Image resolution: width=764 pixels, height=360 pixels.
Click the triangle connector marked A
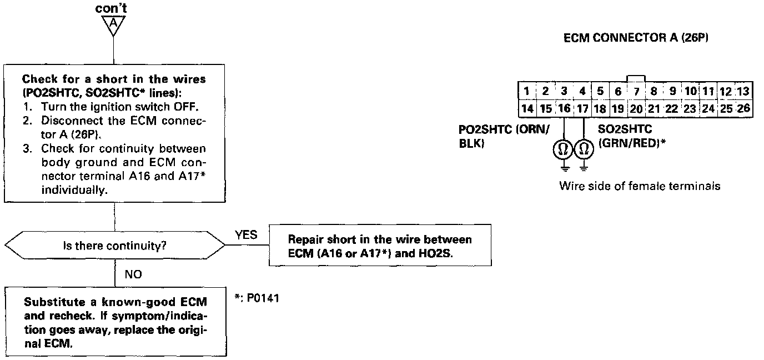(x=113, y=24)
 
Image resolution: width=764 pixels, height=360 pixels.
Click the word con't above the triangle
(x=113, y=9)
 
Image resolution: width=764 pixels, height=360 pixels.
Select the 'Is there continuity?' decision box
(x=114, y=245)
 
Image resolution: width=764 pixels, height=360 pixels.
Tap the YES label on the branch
(x=246, y=235)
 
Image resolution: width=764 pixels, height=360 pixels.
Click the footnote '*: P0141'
(x=257, y=298)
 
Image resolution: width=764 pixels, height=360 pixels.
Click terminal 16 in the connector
(x=564, y=108)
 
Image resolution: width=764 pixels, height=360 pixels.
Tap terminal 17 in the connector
(x=582, y=108)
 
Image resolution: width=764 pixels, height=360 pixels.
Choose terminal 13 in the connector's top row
(x=743, y=91)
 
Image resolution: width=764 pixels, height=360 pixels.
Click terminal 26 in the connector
(x=743, y=108)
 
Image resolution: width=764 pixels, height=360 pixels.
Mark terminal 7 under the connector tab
(x=636, y=91)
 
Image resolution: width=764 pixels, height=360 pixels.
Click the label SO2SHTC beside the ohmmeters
(x=625, y=129)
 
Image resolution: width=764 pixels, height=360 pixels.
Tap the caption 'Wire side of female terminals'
(x=640, y=186)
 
